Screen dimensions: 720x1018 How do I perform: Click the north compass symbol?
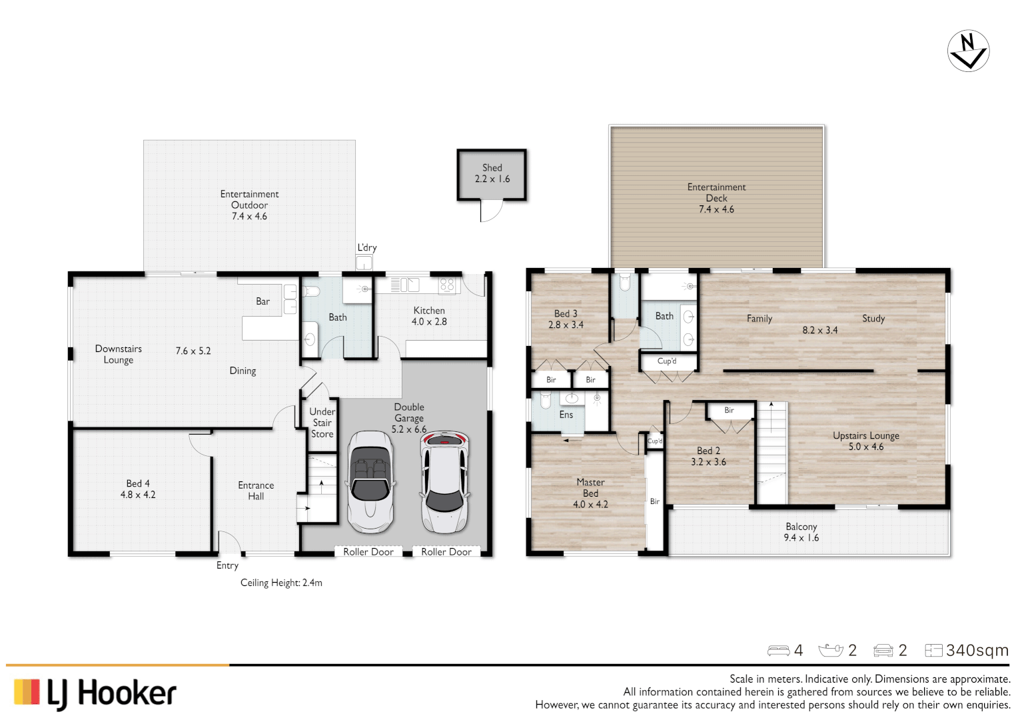(968, 51)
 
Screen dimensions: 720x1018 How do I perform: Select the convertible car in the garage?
(370, 481)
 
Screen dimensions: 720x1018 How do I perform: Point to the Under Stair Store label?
(322, 423)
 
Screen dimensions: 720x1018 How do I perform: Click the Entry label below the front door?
(227, 565)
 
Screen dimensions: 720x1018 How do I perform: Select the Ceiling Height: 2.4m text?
(281, 583)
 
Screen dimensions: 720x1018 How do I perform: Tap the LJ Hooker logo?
(95, 693)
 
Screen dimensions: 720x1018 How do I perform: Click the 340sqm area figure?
(977, 651)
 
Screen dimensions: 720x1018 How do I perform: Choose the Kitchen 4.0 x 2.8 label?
(429, 316)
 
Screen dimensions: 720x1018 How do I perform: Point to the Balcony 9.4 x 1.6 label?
(801, 532)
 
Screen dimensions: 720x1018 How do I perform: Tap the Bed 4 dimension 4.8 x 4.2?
(138, 495)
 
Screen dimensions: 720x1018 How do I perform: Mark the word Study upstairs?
(873, 319)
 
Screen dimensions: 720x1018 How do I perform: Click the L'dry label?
(367, 247)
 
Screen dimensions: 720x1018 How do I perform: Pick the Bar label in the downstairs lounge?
(263, 301)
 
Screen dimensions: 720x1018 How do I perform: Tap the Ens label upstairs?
(566, 415)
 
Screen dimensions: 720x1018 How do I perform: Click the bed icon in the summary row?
(778, 651)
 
